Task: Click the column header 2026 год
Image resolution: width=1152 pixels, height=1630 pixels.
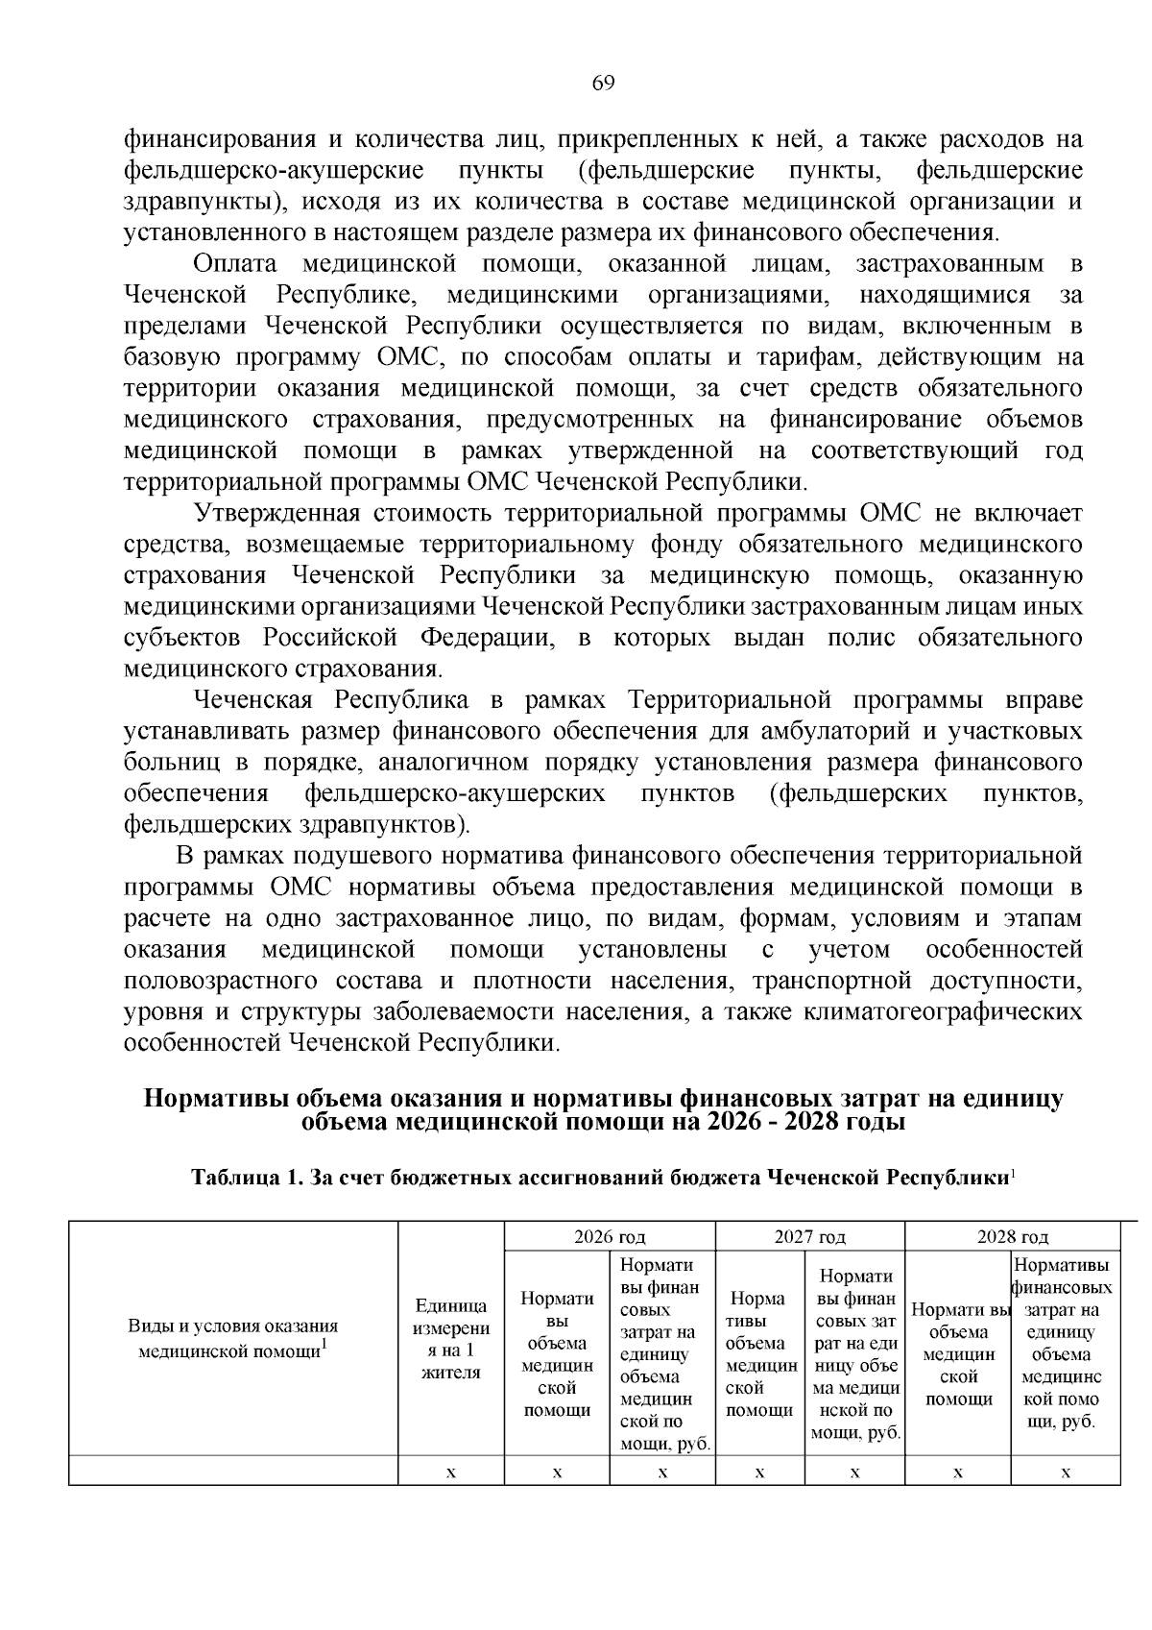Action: tap(610, 1236)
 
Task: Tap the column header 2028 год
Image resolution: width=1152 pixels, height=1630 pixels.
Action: tap(1013, 1236)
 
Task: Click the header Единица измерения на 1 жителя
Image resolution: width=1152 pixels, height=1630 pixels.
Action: tap(451, 1338)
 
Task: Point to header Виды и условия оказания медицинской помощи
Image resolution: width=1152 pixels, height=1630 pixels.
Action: tap(233, 1338)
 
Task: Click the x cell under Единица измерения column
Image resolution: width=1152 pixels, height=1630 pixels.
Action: tap(451, 1472)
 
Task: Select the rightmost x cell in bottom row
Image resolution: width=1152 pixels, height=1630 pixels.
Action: tap(1066, 1472)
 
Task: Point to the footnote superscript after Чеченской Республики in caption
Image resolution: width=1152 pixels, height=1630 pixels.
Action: tap(1014, 1173)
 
